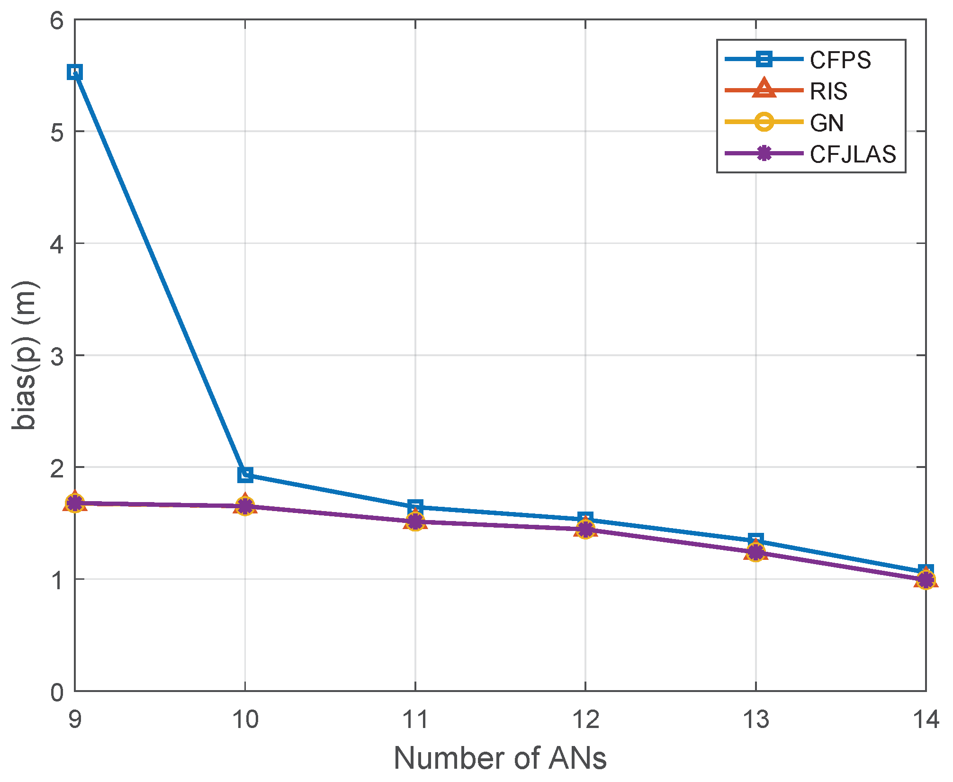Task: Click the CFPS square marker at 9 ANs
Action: coord(75,72)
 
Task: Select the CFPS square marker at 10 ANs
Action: coord(245,475)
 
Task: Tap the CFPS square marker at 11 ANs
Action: coord(415,506)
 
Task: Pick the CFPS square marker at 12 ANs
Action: coord(585,519)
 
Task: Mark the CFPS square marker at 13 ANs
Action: coord(756,540)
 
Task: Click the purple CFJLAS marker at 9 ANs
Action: coord(75,503)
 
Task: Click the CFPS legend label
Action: coord(840,60)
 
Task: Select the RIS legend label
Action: coord(828,91)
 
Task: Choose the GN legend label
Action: coord(827,123)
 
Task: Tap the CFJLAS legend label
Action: coord(853,154)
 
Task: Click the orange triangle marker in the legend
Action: coord(764,90)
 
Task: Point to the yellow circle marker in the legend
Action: coord(764,122)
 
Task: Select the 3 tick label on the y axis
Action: coord(57,356)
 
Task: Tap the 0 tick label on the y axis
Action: coord(57,692)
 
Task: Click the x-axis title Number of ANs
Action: coord(500,758)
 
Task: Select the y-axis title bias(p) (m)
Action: coord(25,355)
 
